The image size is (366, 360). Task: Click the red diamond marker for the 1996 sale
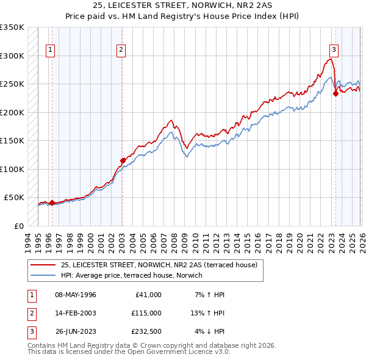52,203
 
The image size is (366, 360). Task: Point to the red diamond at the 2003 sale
123,160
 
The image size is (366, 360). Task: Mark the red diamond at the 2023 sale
335,94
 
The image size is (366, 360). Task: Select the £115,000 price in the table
146,313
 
